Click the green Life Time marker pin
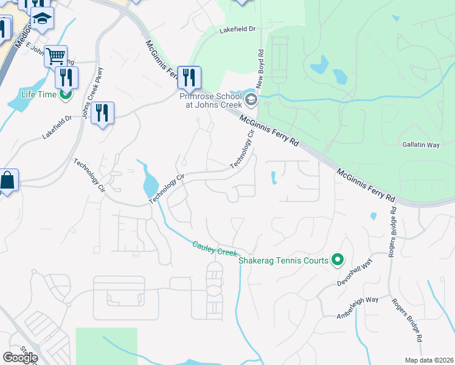65,94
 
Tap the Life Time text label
38,94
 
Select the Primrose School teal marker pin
251,99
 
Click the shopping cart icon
55,57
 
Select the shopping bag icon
7,181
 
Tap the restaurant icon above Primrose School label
189,77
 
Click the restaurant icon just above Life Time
66,77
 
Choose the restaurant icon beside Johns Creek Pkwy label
102,113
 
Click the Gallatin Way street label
420,145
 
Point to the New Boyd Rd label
260,66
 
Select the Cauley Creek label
214,248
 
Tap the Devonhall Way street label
358,276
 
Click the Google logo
20,357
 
